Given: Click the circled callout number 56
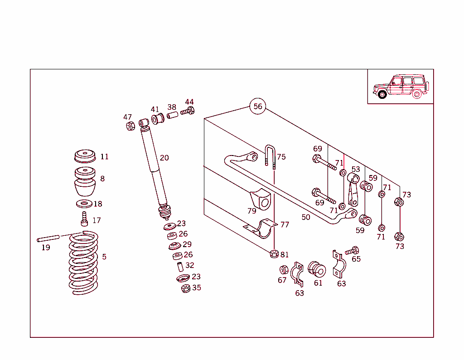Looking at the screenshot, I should tap(257, 107).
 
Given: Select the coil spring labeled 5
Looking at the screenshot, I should tap(83, 263).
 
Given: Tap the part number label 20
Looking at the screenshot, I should tap(164, 158).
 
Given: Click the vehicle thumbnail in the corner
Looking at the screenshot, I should tap(401, 87).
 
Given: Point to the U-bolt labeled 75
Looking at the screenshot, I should tap(271, 156).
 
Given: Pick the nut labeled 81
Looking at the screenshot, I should tap(274, 253).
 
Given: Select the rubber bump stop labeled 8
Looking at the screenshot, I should tap(85, 181).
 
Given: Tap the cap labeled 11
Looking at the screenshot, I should tap(85, 157).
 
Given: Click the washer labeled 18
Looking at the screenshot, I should tap(84, 204).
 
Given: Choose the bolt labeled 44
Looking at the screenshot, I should tap(188, 111).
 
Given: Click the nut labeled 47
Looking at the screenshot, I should tap(130, 126).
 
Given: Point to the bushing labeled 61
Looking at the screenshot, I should tap(317, 270).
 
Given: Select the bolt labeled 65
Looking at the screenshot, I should tap(352, 250).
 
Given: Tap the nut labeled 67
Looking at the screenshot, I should tap(284, 269).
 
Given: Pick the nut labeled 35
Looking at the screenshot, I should tap(185, 288).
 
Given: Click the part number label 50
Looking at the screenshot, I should tap(306, 217).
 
